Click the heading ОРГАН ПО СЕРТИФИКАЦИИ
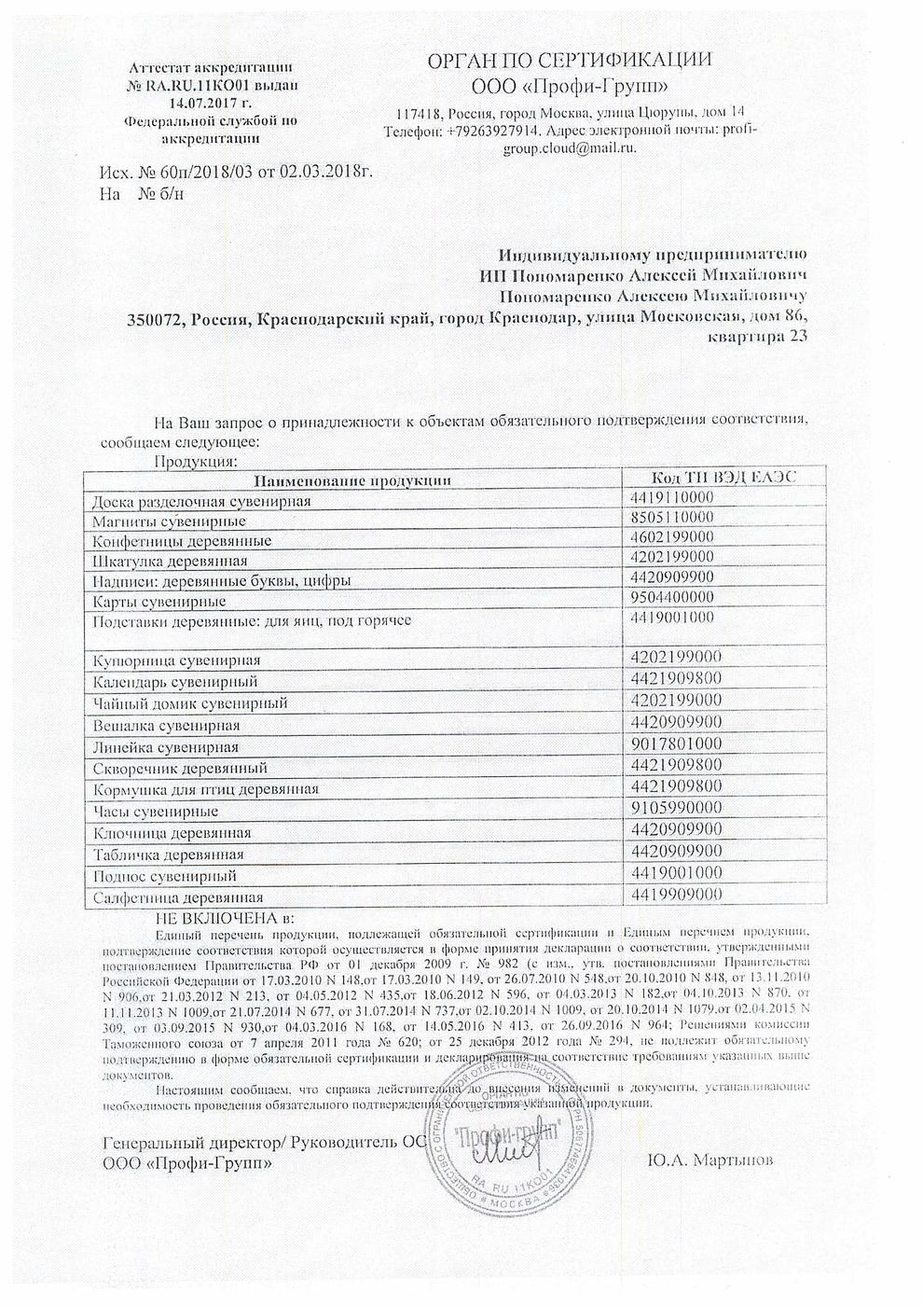(569, 61)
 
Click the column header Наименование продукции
(352, 479)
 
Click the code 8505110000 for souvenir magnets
(672, 517)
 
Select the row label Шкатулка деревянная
(170, 561)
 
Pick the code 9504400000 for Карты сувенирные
(672, 597)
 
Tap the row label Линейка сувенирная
(166, 747)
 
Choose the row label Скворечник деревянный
(180, 769)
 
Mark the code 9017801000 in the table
(676, 744)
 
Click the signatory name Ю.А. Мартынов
(709, 1160)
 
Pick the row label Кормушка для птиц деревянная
(206, 789)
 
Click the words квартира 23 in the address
(758, 338)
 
